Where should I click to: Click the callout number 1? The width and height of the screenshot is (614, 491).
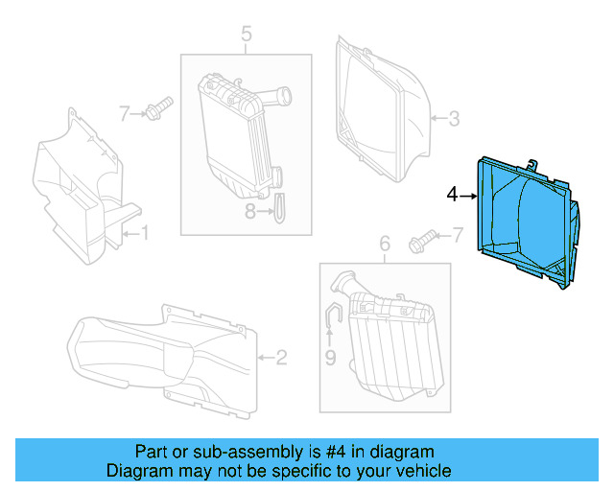(x=145, y=233)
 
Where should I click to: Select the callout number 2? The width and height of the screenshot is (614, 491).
(x=281, y=357)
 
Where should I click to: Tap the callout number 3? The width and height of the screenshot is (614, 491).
(x=454, y=118)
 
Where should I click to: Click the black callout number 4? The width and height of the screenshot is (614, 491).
(x=452, y=195)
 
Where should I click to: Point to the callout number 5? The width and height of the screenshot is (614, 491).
(x=247, y=34)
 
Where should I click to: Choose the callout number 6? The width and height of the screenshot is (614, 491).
(x=385, y=244)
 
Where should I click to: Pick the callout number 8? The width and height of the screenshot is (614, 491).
(x=250, y=211)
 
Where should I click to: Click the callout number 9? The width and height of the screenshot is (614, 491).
(x=330, y=358)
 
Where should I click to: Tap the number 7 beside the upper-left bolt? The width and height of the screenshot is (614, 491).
(x=125, y=113)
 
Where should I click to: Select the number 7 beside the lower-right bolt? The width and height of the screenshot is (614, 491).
(x=458, y=235)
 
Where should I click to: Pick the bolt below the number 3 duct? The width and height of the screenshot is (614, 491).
(x=422, y=242)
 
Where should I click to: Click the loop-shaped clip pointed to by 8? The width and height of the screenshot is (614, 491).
(x=280, y=208)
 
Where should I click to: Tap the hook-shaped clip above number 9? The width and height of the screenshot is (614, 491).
(x=333, y=314)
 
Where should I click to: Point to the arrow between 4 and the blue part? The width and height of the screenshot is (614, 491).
(x=468, y=196)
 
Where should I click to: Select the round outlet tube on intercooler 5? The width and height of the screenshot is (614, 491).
(x=276, y=97)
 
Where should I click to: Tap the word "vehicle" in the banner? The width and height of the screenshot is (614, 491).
(x=427, y=470)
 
